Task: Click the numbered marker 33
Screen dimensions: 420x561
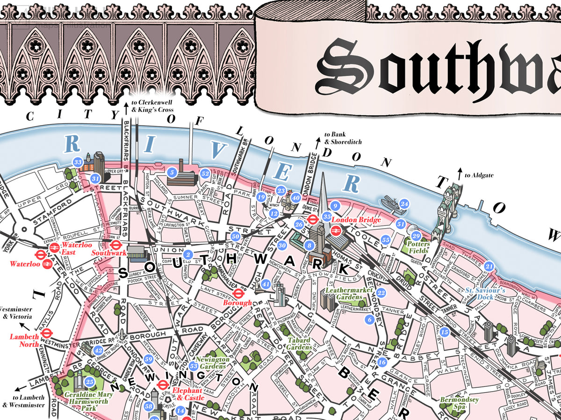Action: pyautogui.click(x=78, y=162)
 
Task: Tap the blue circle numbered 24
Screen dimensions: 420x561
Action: pyautogui.click(x=404, y=204)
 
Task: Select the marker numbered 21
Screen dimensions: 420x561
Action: pyautogui.click(x=489, y=266)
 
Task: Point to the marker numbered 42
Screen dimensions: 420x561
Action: pyautogui.click(x=98, y=350)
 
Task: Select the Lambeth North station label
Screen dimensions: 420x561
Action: pyautogui.click(x=24, y=340)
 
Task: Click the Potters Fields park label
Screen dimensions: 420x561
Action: pyautogui.click(x=417, y=247)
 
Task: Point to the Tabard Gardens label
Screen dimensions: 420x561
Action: pyautogui.click(x=299, y=344)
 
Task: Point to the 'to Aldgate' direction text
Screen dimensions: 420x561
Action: pyautogui.click(x=479, y=175)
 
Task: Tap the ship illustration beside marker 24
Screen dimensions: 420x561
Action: pyautogui.click(x=390, y=202)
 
